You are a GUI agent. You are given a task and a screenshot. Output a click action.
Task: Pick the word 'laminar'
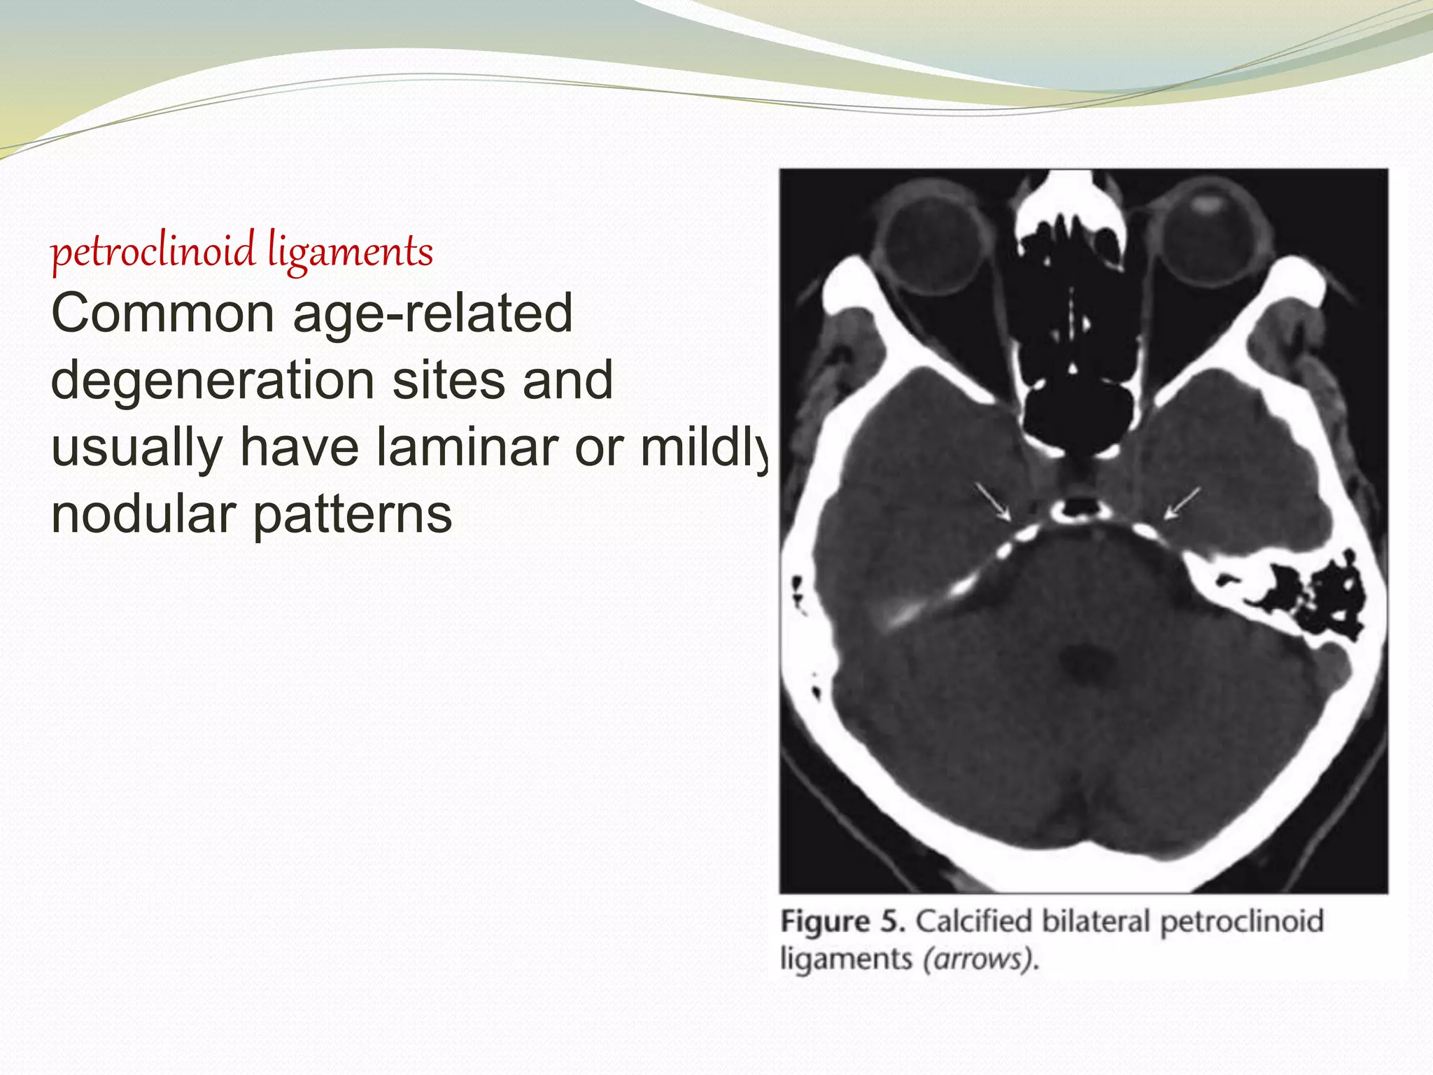pos(467,447)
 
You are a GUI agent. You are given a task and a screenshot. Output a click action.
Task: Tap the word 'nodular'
pos(143,514)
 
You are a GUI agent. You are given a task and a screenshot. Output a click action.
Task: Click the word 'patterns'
pos(353,514)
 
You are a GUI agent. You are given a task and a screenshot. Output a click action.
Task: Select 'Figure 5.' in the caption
pos(842,922)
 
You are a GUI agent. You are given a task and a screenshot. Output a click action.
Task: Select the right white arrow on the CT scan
pos(1183,503)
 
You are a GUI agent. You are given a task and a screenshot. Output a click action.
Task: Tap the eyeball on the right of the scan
pos(1207,237)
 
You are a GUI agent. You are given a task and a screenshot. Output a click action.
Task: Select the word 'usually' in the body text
pos(136,447)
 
